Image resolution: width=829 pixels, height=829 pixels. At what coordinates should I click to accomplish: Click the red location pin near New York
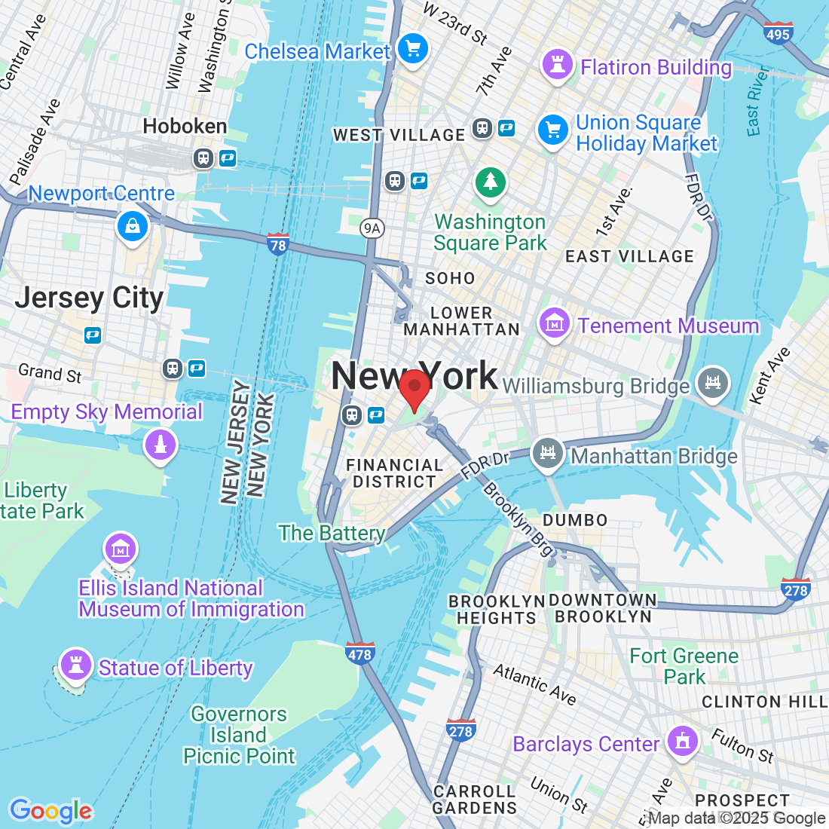point(414,389)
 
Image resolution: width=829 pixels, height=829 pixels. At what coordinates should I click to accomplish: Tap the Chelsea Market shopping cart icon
point(412,50)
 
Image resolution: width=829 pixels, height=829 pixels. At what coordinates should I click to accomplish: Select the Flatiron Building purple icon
point(558,66)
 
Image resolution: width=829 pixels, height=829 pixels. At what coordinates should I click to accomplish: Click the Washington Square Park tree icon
point(491,182)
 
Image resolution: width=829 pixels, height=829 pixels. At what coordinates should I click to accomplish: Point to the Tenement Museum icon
point(554,324)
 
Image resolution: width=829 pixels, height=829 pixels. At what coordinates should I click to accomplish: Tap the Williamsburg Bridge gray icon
point(712,382)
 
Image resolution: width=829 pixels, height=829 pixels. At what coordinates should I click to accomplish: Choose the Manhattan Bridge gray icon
point(548,454)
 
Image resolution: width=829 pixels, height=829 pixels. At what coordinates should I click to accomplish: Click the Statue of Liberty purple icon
point(75,664)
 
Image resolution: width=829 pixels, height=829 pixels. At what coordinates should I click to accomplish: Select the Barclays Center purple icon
point(683,742)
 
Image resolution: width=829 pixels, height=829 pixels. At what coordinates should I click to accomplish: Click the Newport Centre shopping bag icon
point(133,225)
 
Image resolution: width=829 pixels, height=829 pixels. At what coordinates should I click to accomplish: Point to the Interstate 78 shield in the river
point(278,244)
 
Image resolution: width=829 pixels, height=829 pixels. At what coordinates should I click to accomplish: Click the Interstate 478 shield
point(359,653)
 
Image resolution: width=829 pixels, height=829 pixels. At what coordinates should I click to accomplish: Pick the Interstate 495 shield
point(777,33)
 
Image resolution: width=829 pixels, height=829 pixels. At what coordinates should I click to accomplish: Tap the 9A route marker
point(371,228)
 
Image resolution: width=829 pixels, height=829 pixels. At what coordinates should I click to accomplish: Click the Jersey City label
point(89,298)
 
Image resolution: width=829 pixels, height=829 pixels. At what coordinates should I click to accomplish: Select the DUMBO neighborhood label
point(575,520)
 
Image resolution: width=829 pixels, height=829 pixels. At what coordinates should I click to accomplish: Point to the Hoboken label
point(185,126)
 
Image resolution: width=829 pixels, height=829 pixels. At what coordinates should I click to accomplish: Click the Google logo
point(50,811)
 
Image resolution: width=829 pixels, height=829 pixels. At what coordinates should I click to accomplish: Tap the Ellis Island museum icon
point(120,549)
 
